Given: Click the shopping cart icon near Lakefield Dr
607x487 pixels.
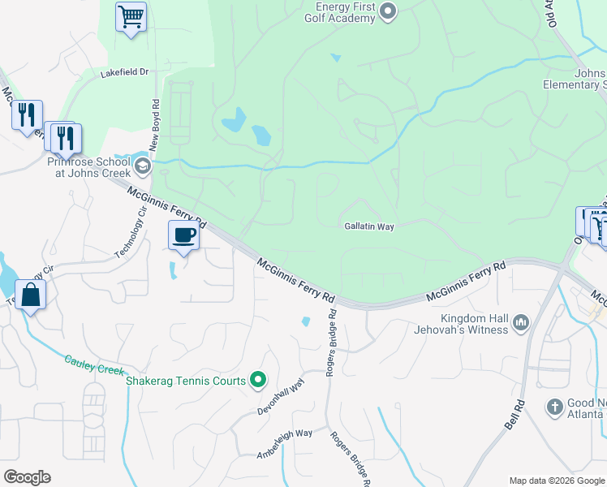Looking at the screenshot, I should (x=131, y=16).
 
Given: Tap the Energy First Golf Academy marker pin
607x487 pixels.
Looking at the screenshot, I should (x=387, y=11).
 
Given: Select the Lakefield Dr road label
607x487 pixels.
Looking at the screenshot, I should (x=125, y=72).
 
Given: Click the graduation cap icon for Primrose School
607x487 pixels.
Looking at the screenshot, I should (x=142, y=167).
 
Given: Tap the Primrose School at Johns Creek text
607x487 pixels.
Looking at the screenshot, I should (x=88, y=167).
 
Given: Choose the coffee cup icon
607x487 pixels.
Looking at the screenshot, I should (x=183, y=235).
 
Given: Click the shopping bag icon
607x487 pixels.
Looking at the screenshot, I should (x=30, y=296).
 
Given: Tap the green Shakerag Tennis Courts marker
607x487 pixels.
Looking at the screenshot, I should (x=258, y=379).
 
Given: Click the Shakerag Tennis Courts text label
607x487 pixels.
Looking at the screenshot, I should (x=185, y=380).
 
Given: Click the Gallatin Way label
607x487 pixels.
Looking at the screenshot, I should (x=368, y=226).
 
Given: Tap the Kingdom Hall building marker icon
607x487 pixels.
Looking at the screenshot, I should (x=520, y=324).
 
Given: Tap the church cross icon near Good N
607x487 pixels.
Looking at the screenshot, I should (x=555, y=407).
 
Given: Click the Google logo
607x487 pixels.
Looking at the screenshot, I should (x=27, y=477).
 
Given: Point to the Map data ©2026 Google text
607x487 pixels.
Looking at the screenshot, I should (x=556, y=481).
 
